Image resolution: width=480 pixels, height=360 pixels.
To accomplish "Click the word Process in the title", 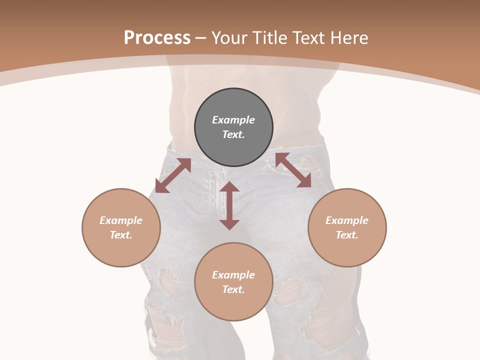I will [157, 38].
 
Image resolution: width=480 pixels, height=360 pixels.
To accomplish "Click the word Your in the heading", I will [230, 38].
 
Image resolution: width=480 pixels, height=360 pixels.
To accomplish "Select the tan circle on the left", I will [121, 250].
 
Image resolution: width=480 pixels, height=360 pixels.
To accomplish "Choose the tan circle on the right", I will [347, 250].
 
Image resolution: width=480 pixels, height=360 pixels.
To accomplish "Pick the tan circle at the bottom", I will [233, 305].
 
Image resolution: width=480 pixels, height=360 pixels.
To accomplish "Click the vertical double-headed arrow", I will [229, 206].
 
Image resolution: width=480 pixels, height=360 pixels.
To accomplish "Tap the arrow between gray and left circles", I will [173, 175].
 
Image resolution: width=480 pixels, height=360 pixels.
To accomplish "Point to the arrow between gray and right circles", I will [293, 170].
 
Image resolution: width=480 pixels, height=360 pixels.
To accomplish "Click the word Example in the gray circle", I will [233, 120].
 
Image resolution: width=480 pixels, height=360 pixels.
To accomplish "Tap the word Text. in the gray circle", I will [233, 134].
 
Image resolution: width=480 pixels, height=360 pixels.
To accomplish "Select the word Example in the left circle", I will [121, 220].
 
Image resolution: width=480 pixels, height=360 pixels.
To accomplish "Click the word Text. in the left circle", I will [121, 235].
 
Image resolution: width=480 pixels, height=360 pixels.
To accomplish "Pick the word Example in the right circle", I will [347, 220].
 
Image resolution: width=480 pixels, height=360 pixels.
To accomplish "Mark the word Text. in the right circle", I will [347, 235].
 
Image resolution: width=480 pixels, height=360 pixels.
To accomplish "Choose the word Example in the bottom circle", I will [233, 275].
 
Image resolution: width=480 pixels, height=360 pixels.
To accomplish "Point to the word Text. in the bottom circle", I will [233, 289].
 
